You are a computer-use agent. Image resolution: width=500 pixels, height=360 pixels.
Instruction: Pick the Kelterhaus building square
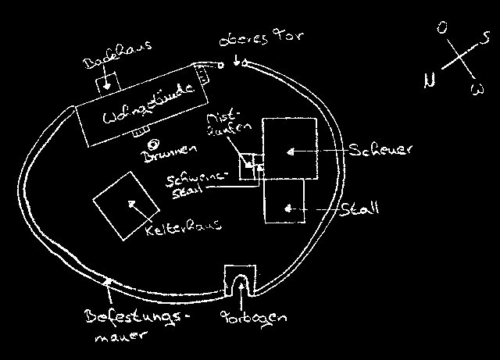pos(122,205)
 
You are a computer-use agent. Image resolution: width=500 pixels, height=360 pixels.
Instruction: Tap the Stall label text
pos(360,209)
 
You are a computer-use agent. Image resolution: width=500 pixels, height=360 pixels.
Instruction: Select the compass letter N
pos(429,80)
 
